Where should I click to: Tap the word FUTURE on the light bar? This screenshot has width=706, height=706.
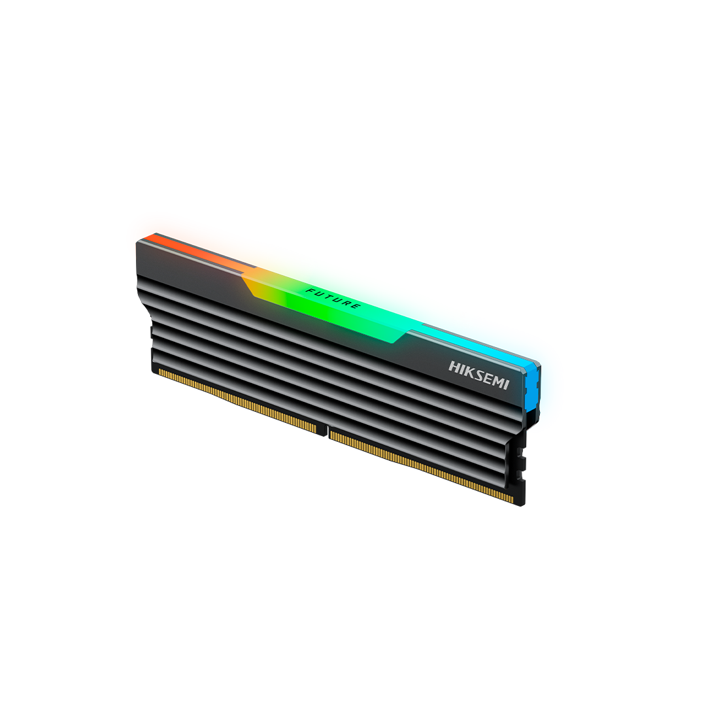pos(333,297)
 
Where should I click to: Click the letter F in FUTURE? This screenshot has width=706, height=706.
pos(309,288)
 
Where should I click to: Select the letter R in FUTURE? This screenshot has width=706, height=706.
pos(346,303)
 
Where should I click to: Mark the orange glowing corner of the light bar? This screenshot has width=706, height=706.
pos(147,226)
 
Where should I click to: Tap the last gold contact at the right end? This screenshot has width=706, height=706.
pos(511,500)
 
